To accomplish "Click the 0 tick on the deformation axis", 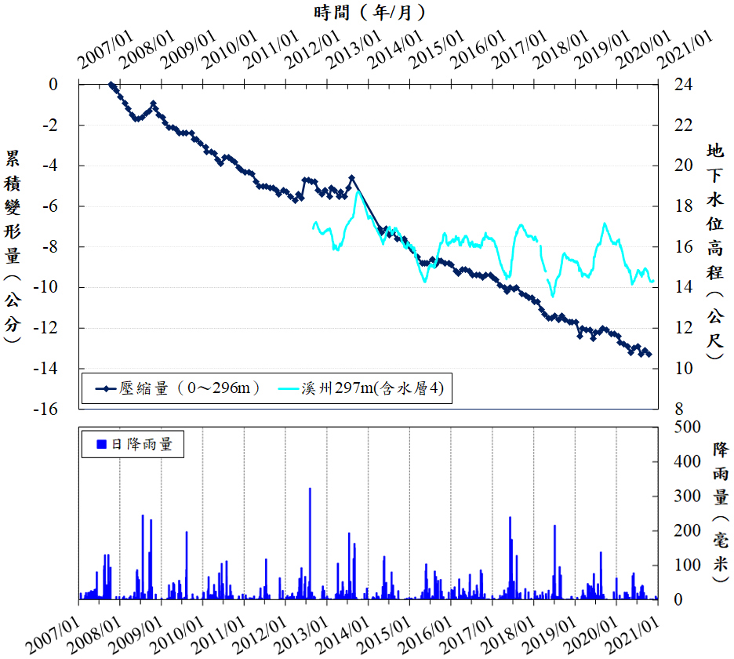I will pos(53,84).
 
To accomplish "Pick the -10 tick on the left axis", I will pos(47,287).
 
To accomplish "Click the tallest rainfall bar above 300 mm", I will pos(310,490).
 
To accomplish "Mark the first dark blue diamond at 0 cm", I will pos(111,85).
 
